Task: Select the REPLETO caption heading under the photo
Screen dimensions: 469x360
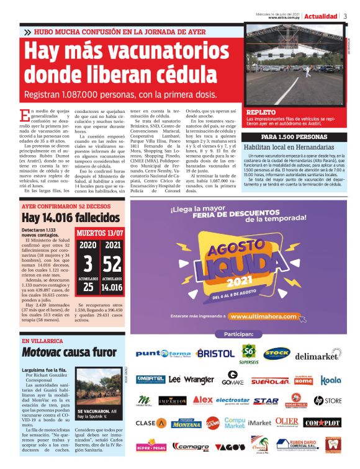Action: pos(261,112)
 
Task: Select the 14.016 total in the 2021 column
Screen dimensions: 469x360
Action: pos(113,287)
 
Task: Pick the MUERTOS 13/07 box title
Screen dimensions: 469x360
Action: pos(100,233)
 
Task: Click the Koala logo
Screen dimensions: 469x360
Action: pos(331,380)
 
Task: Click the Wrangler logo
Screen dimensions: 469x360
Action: pos(199,380)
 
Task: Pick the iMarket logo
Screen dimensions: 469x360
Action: pos(259,422)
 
